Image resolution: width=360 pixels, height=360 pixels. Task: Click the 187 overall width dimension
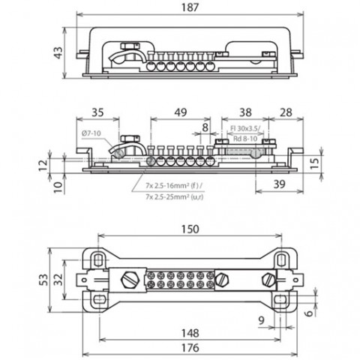(190, 7)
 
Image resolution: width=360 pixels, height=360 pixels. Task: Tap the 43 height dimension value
(58, 52)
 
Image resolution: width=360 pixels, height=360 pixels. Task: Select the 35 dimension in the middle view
(97, 112)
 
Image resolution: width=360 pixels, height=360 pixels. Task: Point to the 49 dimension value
(181, 112)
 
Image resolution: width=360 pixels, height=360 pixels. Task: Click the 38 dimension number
(245, 112)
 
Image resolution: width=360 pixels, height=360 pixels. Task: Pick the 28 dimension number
(286, 112)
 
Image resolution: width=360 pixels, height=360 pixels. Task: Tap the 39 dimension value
(279, 184)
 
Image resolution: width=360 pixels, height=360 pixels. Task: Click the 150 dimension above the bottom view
(190, 229)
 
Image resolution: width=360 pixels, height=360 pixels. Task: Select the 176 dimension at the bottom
(190, 348)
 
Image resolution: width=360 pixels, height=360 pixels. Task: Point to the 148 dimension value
(190, 333)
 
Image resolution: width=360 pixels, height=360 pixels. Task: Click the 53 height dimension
(43, 280)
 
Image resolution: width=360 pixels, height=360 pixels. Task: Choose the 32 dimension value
(58, 280)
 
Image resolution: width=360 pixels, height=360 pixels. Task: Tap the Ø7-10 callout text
(91, 133)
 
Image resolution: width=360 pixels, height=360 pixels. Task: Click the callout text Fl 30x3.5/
(245, 129)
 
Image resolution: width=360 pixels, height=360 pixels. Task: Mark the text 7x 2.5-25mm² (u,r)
(174, 197)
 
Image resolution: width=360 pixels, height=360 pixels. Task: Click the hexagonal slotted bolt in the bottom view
(130, 280)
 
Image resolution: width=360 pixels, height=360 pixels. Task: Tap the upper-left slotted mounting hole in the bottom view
(99, 260)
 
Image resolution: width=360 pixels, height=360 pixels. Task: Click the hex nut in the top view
(130, 46)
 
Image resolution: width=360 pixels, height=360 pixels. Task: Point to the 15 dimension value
(316, 163)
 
